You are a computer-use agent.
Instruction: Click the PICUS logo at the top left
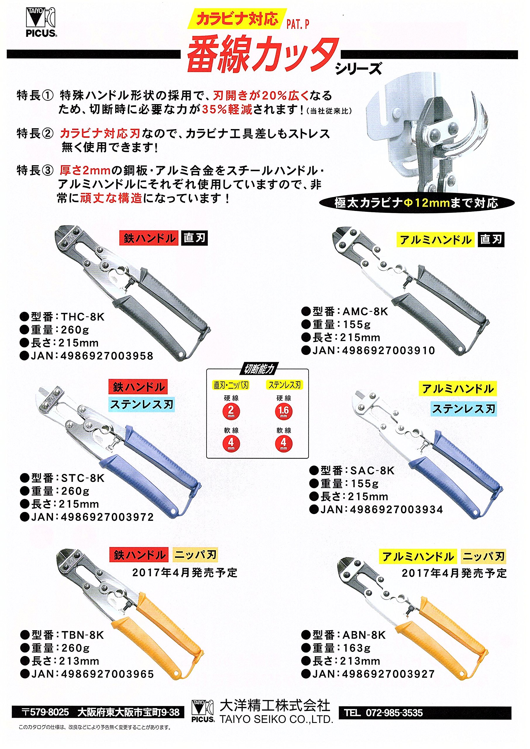click(x=41, y=22)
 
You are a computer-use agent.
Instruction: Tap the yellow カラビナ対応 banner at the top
click(x=237, y=19)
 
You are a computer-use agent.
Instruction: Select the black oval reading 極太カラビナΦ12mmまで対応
click(x=417, y=203)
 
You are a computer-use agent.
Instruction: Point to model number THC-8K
click(x=82, y=317)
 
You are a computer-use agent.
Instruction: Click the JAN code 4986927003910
click(x=389, y=351)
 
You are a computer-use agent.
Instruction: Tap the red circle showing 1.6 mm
click(x=283, y=411)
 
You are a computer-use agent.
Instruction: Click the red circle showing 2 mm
click(x=231, y=411)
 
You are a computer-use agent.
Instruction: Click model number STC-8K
click(x=82, y=478)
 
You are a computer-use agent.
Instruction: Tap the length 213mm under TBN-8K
click(x=79, y=661)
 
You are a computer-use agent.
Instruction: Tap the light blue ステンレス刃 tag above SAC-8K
click(x=464, y=409)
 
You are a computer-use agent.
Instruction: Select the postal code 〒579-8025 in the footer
click(x=45, y=712)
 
